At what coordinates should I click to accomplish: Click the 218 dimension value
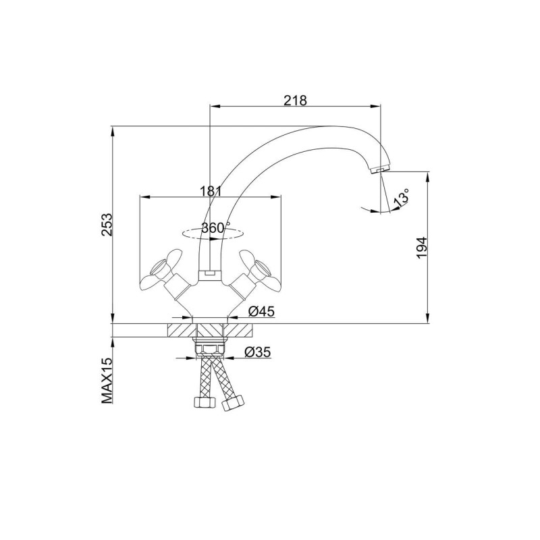pos(295,100)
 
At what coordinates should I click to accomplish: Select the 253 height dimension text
pos(107,225)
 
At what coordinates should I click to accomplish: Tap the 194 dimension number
pos(421,248)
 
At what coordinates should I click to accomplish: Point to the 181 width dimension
pos(211,191)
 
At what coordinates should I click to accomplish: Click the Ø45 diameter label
pos(261,311)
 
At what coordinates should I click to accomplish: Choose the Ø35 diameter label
pos(258,352)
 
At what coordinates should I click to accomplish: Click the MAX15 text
pos(107,380)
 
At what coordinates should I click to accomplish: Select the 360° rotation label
pos(216,227)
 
